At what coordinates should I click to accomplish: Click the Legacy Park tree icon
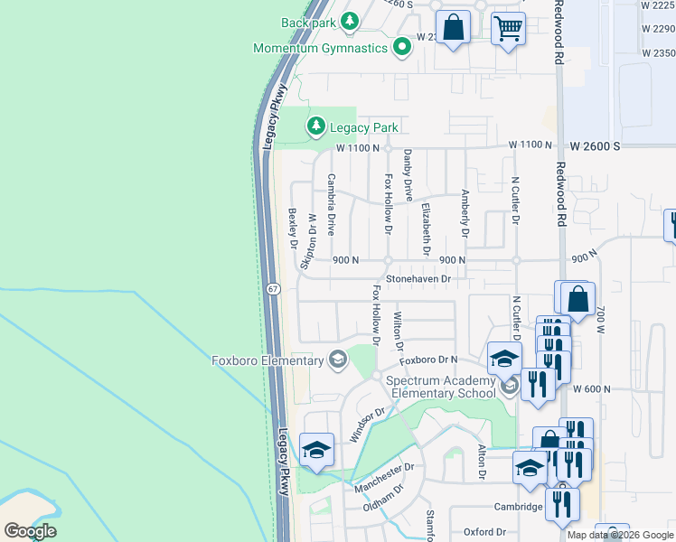[315, 127]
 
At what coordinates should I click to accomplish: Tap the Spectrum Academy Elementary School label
[441, 386]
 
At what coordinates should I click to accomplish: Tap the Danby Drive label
[408, 175]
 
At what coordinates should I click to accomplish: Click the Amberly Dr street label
[465, 213]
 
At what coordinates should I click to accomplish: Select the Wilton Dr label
[398, 331]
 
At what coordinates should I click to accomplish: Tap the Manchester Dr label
[383, 478]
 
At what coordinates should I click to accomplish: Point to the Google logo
[30, 531]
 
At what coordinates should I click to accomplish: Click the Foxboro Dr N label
[429, 360]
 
